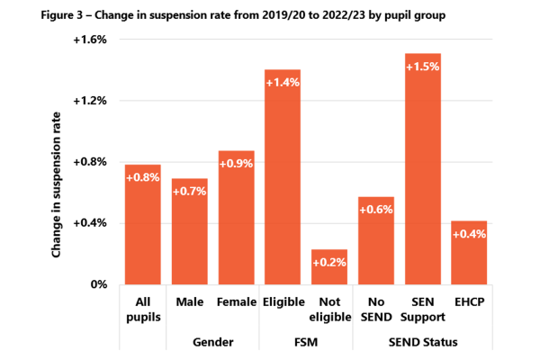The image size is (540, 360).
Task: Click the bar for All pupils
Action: click(142, 225)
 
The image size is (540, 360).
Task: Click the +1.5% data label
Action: click(423, 67)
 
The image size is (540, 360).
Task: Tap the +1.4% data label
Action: click(283, 83)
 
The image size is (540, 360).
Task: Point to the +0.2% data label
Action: click(329, 263)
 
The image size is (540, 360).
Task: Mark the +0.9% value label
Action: click(236, 164)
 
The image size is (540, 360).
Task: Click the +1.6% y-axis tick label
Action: click(89, 40)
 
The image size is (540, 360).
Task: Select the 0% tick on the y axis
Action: click(97, 283)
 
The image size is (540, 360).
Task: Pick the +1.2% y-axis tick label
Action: click(89, 101)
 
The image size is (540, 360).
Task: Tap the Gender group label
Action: click(212, 342)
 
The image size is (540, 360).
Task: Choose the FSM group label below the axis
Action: click(306, 342)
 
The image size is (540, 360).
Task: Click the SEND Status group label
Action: click(422, 342)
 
